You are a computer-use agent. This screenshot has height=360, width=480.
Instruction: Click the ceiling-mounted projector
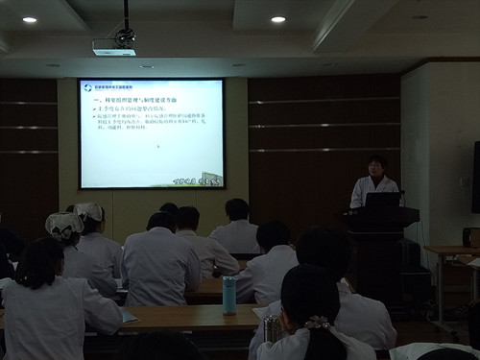(115, 43)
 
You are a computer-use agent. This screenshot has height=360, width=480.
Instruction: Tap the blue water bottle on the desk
(229, 295)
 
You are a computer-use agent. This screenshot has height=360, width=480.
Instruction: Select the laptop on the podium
(382, 201)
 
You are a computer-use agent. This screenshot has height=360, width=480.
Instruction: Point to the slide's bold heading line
(134, 100)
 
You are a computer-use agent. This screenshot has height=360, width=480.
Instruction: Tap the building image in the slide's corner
(211, 179)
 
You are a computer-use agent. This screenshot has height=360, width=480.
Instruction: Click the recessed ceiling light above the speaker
(277, 19)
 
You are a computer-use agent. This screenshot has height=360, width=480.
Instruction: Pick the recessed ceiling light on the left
(29, 19)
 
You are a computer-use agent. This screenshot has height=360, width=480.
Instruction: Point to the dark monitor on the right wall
(475, 177)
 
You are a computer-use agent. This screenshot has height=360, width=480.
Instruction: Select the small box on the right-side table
(470, 236)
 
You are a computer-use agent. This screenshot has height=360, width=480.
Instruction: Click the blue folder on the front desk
(129, 317)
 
